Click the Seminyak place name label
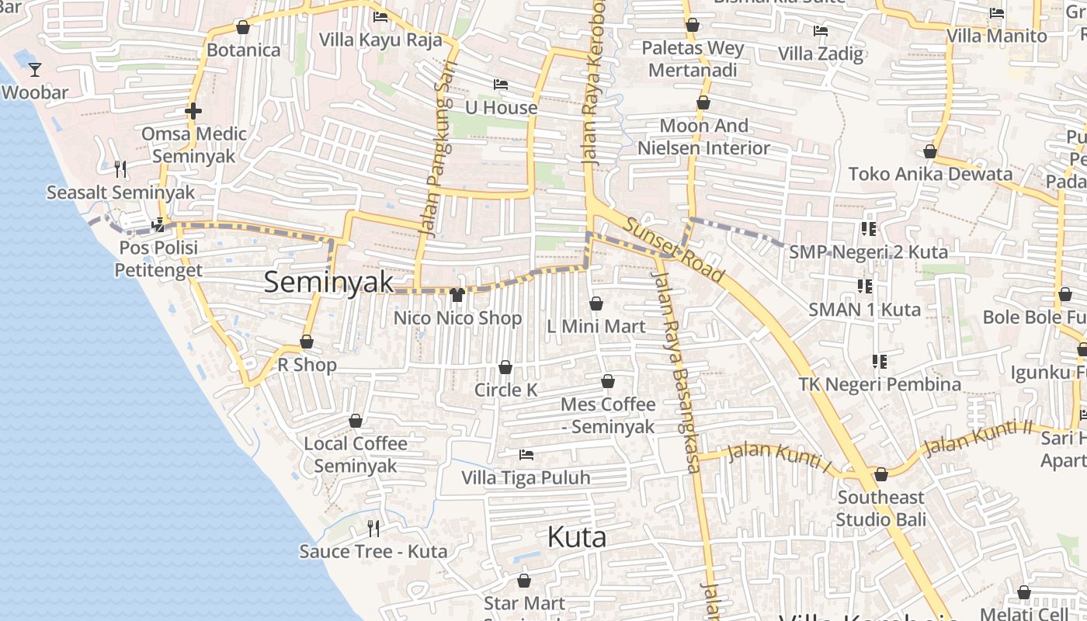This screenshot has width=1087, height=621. point(328,282)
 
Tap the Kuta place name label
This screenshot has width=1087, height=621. point(576,537)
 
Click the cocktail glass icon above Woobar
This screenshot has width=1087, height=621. point(35,70)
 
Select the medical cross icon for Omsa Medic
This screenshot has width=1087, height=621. point(193,111)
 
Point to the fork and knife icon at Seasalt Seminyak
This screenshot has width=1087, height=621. point(120,168)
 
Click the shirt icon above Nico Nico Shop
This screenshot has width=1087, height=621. point(457,295)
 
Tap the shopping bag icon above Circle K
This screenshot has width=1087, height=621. point(505,366)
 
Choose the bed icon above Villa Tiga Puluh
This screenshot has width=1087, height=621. point(526,454)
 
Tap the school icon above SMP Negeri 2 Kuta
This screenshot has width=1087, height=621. point(868,229)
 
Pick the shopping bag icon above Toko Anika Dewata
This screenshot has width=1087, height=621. point(930,151)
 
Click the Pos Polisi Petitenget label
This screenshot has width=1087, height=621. point(158,259)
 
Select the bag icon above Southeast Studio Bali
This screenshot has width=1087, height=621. point(881,474)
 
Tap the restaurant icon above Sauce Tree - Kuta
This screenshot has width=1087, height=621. point(373,529)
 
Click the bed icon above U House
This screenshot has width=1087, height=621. point(501,85)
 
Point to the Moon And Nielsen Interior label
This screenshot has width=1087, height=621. point(703,137)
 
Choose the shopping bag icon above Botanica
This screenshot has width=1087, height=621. point(243,27)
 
